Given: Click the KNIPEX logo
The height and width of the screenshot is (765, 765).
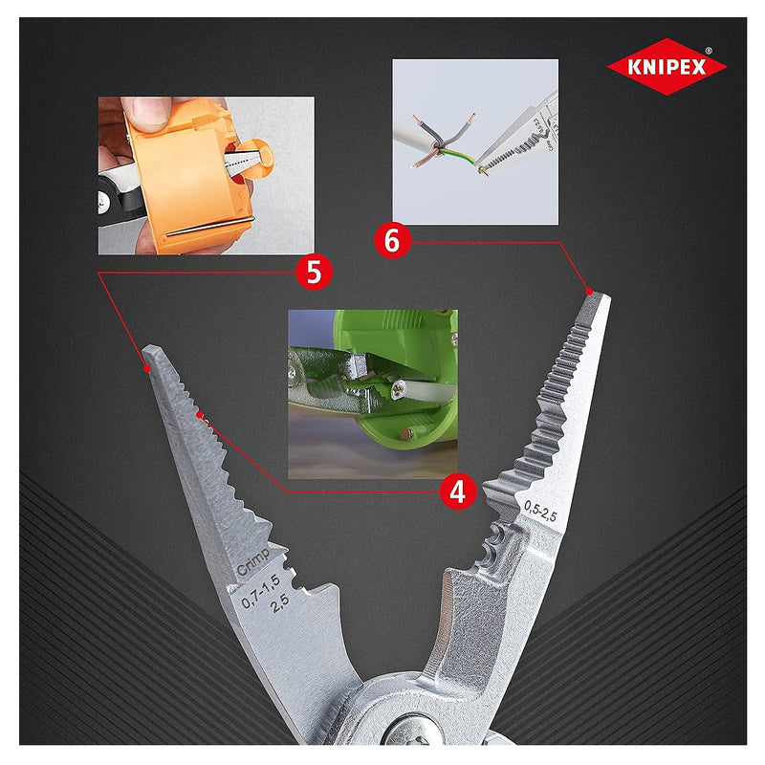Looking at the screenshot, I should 667,67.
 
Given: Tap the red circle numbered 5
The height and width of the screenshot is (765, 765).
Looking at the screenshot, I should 314,272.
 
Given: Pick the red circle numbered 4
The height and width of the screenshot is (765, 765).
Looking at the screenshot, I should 458,491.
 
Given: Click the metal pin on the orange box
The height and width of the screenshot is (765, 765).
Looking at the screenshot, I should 206,229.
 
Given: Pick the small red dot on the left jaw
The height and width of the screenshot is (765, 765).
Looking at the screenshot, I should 200,416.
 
